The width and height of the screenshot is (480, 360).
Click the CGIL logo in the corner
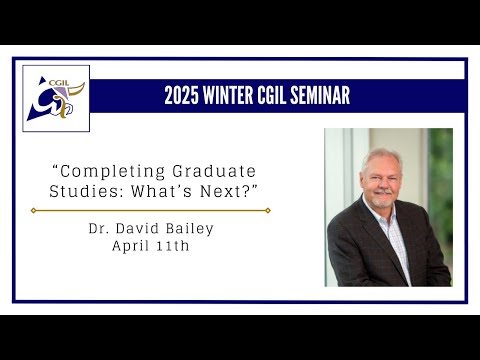point(56,99)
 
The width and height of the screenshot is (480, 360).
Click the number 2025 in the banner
point(183,96)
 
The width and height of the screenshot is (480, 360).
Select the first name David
point(142,229)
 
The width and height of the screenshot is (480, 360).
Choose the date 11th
point(174,246)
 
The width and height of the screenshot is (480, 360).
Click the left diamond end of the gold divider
point(33,210)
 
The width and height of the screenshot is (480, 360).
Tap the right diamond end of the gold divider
point(268,210)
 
